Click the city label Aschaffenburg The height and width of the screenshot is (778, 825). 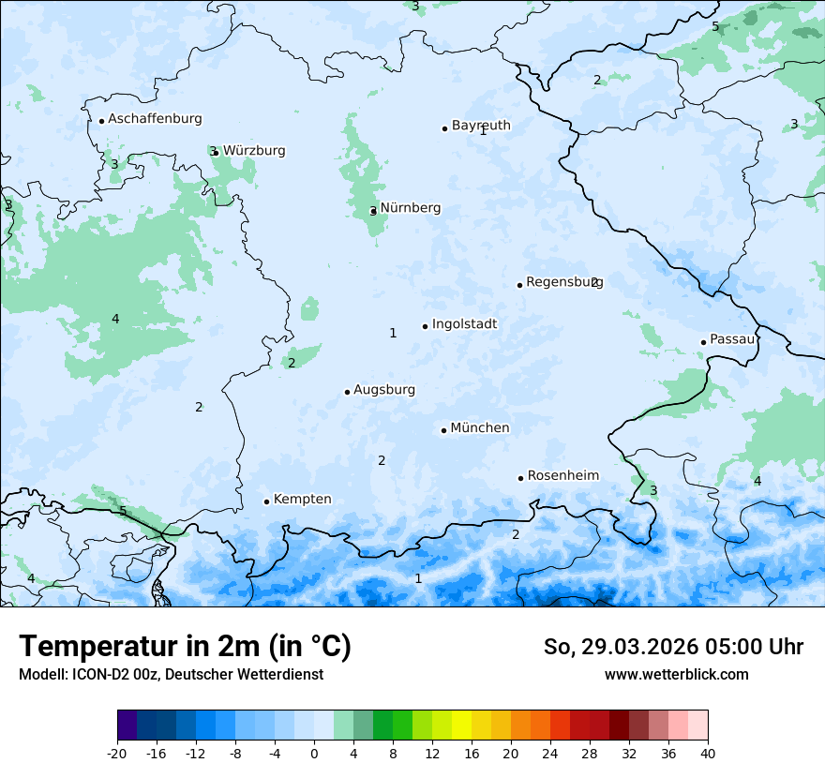pyautogui.click(x=155, y=119)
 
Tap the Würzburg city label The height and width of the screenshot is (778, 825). pyautogui.click(x=254, y=151)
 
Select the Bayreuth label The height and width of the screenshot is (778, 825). pyautogui.click(x=481, y=126)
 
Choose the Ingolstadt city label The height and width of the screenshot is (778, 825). pyautogui.click(x=464, y=324)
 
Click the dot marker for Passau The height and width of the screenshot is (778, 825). pyautogui.click(x=703, y=342)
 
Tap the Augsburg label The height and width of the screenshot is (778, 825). pyautogui.click(x=383, y=390)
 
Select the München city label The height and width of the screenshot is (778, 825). pyautogui.click(x=479, y=428)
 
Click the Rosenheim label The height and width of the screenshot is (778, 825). pyautogui.click(x=562, y=476)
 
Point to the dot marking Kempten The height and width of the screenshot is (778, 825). pyautogui.click(x=266, y=501)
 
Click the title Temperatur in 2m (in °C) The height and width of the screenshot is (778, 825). pyautogui.click(x=185, y=647)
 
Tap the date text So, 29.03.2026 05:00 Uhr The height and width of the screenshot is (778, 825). pyautogui.click(x=673, y=647)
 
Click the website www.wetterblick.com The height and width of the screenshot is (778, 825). pyautogui.click(x=676, y=674)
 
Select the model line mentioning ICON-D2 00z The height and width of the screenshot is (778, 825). pyautogui.click(x=171, y=674)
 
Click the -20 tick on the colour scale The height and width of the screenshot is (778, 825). pyautogui.click(x=117, y=753)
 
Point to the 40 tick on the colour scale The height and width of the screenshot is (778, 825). pyautogui.click(x=707, y=753)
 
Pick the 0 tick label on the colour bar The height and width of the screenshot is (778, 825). pyautogui.click(x=314, y=753)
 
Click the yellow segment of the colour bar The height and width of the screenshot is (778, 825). pyautogui.click(x=461, y=726)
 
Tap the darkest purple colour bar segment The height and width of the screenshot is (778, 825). pyautogui.click(x=127, y=726)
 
